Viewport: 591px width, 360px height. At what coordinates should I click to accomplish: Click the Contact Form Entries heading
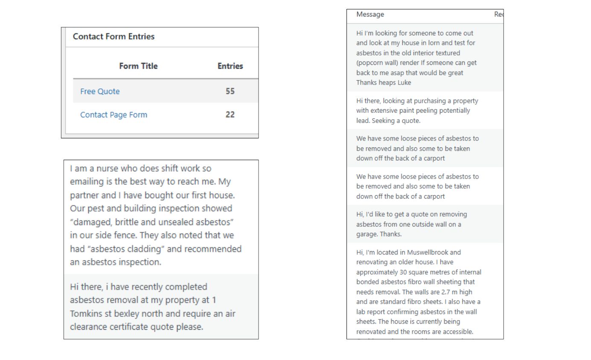point(114,37)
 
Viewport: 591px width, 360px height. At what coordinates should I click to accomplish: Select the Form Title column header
point(138,66)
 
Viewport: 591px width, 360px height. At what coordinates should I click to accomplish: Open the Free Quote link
point(100,91)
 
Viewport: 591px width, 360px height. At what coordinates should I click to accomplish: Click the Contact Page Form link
point(114,115)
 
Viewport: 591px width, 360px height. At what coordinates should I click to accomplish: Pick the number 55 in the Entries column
point(230,91)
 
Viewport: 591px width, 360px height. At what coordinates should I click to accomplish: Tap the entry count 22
point(230,115)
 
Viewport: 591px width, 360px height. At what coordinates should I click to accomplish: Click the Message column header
point(370,15)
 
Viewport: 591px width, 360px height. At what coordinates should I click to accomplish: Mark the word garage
point(367,234)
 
